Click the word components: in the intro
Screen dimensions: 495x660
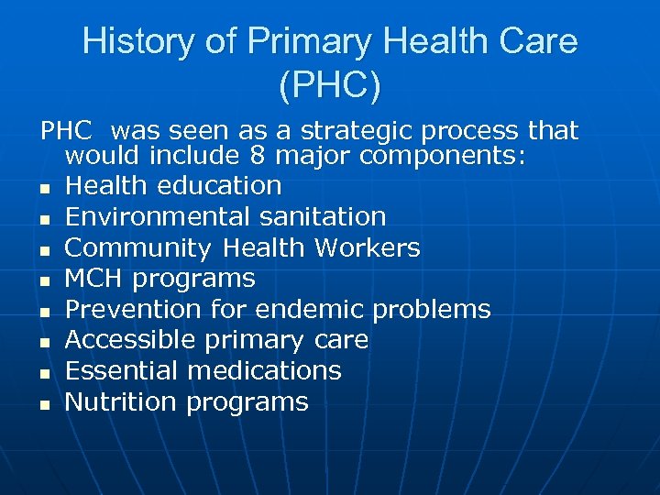tap(443, 157)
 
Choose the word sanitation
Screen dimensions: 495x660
tap(325, 217)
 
